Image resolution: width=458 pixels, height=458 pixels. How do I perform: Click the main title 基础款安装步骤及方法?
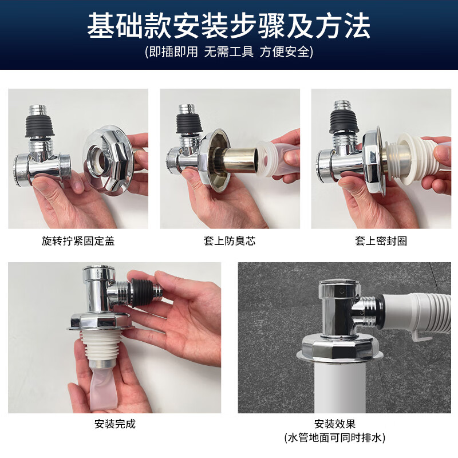(x=228, y=26)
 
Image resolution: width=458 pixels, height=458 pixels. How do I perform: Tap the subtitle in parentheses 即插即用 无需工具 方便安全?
(x=229, y=52)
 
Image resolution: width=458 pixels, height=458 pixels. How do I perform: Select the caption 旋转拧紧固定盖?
(x=78, y=241)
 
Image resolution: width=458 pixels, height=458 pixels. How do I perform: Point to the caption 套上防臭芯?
(x=230, y=241)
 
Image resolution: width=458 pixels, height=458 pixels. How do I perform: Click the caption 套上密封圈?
(x=381, y=241)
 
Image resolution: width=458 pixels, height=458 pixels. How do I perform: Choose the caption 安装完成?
(x=115, y=424)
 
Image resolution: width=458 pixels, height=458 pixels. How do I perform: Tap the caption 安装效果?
(x=335, y=424)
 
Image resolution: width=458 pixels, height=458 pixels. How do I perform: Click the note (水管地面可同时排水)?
(x=335, y=438)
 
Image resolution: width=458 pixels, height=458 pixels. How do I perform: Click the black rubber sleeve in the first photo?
(x=40, y=126)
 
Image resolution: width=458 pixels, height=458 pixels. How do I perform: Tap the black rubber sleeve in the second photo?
(x=189, y=124)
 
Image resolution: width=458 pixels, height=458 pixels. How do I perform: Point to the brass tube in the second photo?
(x=237, y=160)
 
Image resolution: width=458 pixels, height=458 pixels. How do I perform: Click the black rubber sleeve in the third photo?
(x=344, y=121)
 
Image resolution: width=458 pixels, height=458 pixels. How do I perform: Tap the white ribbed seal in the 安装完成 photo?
(x=100, y=345)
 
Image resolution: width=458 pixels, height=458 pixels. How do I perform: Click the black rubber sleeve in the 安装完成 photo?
(x=143, y=292)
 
